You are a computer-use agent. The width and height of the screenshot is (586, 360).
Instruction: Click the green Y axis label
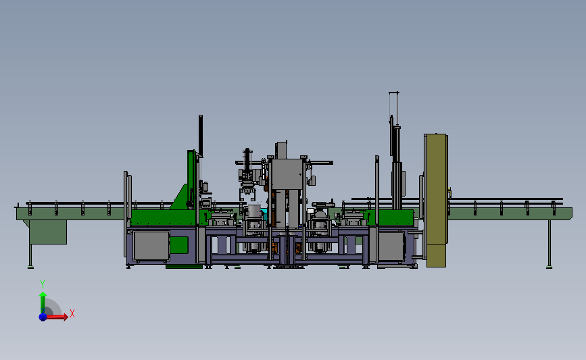pos(43,284)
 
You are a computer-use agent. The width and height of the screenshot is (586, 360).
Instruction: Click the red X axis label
pos(72,313)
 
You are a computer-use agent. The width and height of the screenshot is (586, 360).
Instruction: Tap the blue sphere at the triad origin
pos(43,317)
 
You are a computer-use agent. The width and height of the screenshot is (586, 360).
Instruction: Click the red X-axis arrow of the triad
pos(55,317)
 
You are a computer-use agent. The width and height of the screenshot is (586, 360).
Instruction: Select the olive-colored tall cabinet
pos(436,200)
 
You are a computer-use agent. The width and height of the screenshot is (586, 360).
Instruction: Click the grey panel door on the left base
pos(151,246)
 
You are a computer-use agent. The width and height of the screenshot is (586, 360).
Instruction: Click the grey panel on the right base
pos(391,246)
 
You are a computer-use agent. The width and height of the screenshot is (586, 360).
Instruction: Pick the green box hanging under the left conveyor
pos(48,232)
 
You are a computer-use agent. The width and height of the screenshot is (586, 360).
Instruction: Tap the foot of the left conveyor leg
pos(30,267)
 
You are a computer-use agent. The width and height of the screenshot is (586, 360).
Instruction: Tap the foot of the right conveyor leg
pos(549,267)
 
